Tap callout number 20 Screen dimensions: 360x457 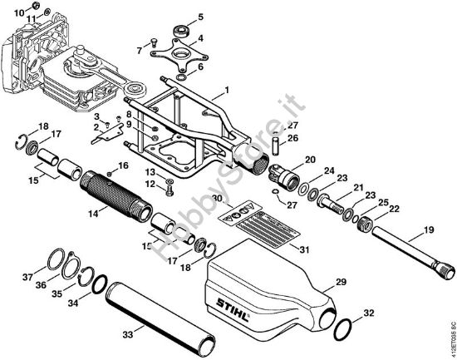click(311, 160)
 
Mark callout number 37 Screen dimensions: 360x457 click(27, 277)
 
